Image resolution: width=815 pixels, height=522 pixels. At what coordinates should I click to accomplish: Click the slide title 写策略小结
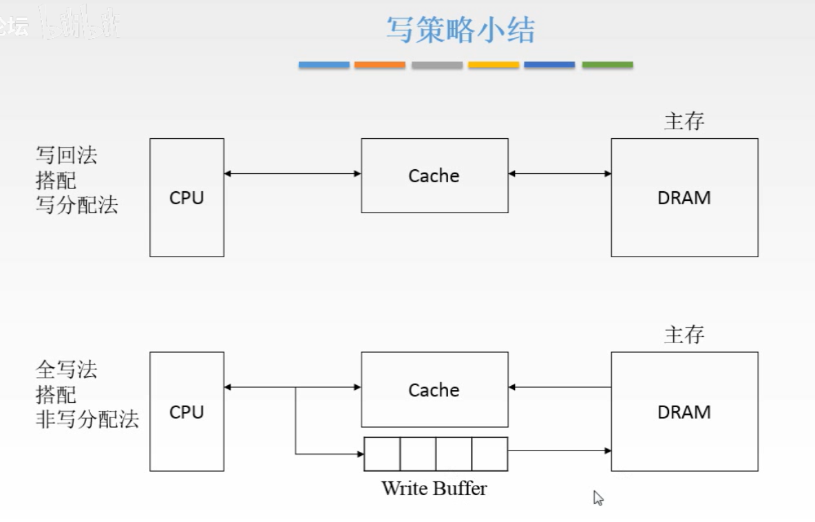(460, 31)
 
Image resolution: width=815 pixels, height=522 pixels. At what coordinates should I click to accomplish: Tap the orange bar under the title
(380, 65)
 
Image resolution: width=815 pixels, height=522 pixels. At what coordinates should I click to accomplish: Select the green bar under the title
(607, 65)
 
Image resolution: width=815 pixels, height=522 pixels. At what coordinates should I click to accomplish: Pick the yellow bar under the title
(494, 65)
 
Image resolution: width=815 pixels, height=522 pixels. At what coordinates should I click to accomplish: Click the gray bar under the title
(437, 65)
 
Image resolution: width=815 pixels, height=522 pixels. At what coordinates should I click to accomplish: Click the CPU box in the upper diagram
(187, 197)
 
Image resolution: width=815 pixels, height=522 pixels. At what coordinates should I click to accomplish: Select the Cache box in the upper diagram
(434, 176)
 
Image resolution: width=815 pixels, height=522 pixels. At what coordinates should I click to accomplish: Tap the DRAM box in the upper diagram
(684, 197)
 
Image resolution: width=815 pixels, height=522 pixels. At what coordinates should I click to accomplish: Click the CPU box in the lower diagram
(187, 411)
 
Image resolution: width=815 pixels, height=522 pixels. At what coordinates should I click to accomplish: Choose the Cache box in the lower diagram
(434, 390)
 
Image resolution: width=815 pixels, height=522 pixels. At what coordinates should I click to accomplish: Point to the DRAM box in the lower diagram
(684, 411)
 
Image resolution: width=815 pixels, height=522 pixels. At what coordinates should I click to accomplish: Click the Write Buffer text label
(434, 488)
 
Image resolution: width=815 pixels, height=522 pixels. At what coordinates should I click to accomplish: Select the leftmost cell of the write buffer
(382, 454)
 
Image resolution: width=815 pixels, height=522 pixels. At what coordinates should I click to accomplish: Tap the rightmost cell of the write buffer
(489, 454)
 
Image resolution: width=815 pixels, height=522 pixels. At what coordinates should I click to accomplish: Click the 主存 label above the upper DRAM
(684, 122)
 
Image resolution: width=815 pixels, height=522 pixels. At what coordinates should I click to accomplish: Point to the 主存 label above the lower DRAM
(684, 336)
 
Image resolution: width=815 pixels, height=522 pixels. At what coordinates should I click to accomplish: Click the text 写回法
(66, 155)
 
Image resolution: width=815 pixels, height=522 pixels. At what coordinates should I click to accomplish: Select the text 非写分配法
(87, 419)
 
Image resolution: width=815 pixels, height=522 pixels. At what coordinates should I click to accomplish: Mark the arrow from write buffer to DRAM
(559, 451)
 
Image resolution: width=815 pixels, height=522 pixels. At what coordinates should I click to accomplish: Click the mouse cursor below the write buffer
(597, 497)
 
